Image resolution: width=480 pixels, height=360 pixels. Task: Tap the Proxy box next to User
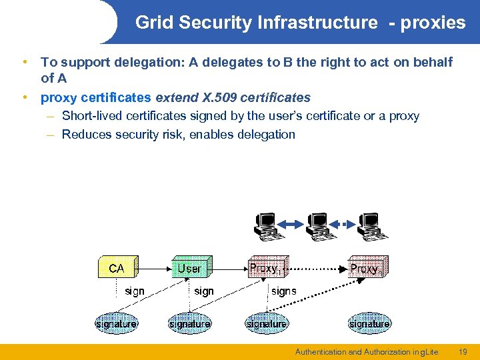266,268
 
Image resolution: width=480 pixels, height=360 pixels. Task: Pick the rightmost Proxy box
367,268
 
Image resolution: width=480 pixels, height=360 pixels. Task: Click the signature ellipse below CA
116,324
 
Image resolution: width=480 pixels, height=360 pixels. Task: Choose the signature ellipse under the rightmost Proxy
369,324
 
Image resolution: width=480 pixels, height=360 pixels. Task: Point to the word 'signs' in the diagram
284,291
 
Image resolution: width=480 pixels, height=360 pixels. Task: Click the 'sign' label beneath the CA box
134,291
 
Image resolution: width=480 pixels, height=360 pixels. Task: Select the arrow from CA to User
155,268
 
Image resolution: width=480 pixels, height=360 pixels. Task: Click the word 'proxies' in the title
433,23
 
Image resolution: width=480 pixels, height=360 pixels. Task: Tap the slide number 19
463,351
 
